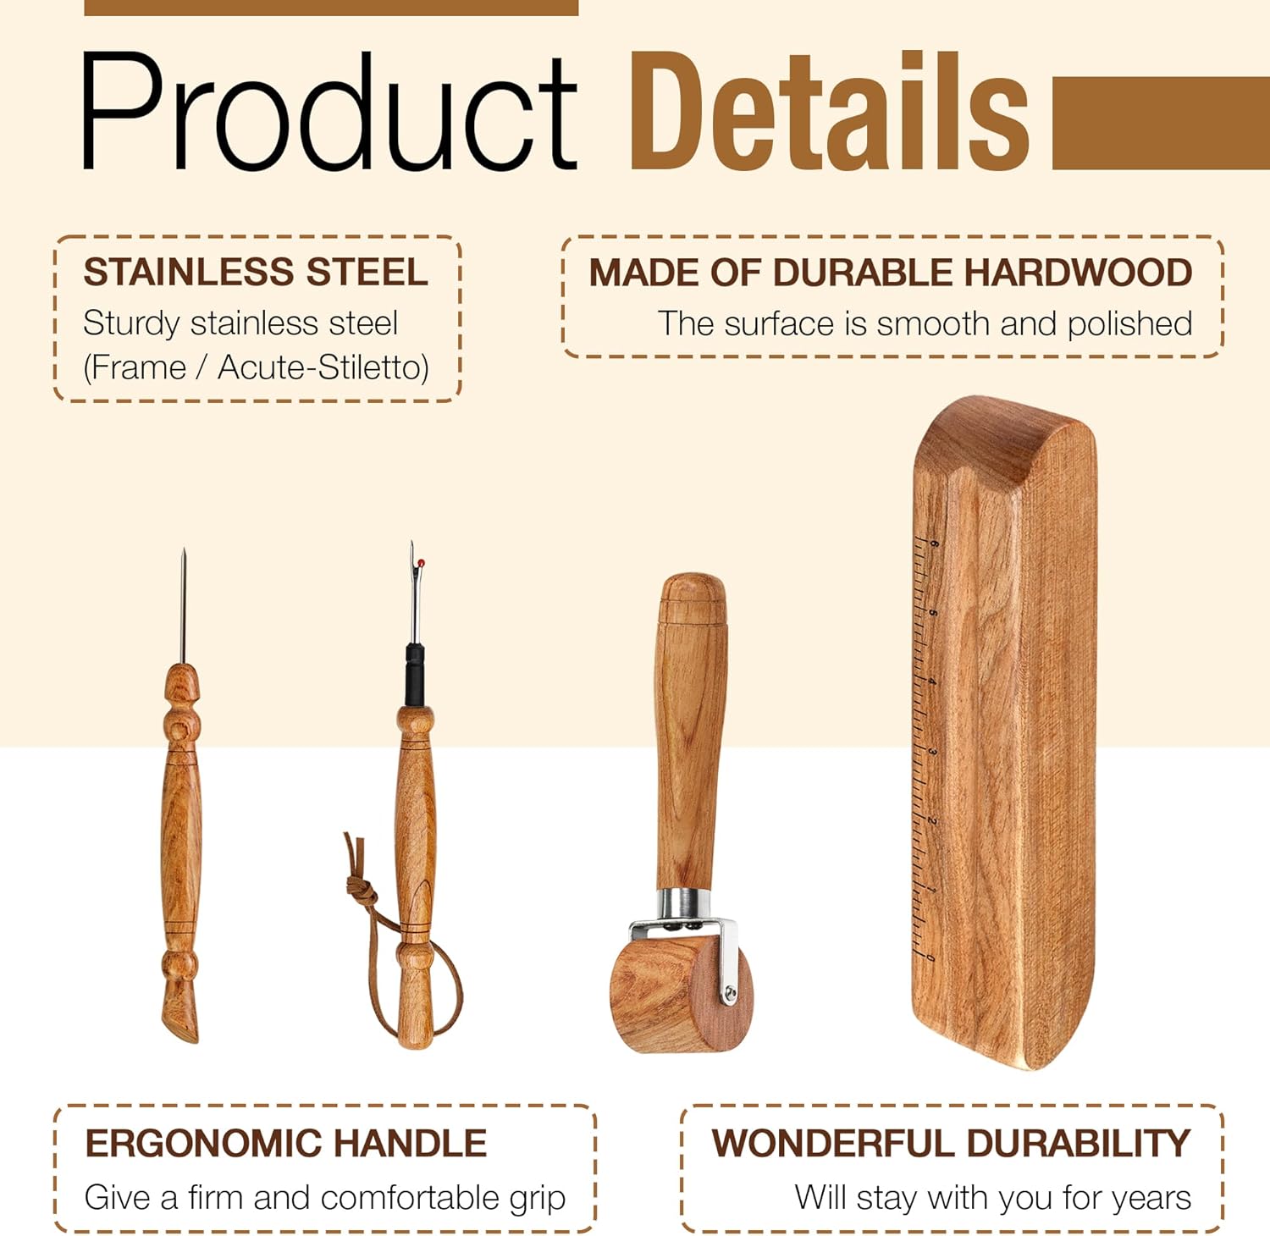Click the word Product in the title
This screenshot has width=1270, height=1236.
click(x=329, y=112)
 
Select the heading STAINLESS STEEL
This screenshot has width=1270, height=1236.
click(x=255, y=273)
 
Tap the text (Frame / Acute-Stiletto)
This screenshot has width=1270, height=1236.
click(x=256, y=367)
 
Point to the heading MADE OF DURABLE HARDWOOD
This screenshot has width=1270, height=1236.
click(x=890, y=273)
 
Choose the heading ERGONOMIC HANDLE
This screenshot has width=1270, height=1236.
click(x=285, y=1144)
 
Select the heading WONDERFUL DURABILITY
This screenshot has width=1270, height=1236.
click(x=951, y=1144)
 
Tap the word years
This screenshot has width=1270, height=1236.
click(x=1153, y=1198)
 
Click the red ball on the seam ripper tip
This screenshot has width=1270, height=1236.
click(x=421, y=563)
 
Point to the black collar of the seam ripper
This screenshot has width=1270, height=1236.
click(x=414, y=674)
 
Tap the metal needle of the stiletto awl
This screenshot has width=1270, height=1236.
click(x=183, y=605)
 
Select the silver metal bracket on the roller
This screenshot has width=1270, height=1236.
click(x=726, y=957)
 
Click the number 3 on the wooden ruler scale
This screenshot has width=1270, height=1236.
click(x=932, y=752)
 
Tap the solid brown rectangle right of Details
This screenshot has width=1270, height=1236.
click(x=1160, y=123)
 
